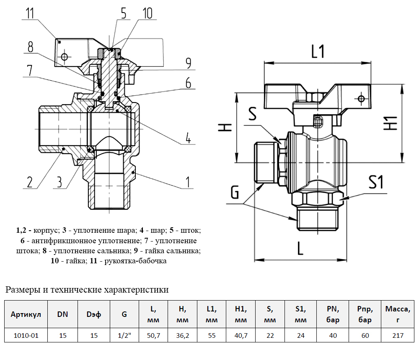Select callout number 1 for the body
click(x=188, y=182)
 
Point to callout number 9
click(x=189, y=63)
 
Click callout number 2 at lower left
click(x=29, y=182)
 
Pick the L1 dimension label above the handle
click(x=318, y=51)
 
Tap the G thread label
click(x=235, y=193)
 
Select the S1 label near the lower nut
click(x=376, y=182)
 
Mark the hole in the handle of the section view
click(x=65, y=57)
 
